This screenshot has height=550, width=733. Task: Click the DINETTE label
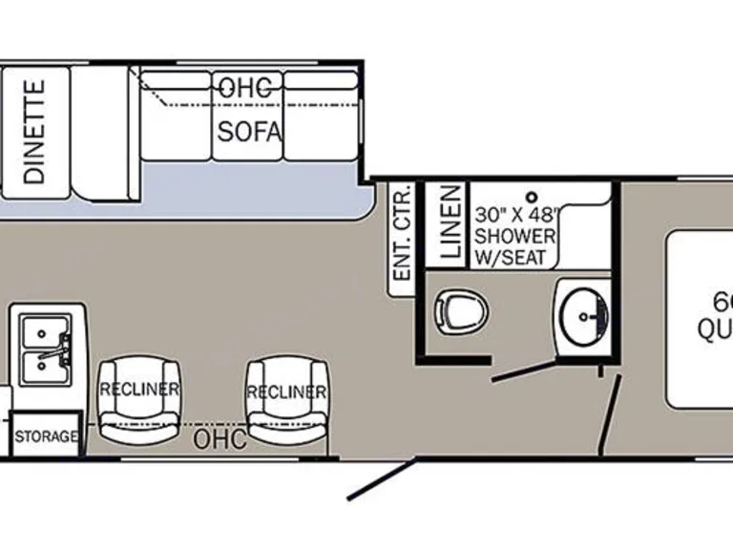click(x=34, y=131)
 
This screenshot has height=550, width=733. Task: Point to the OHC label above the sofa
click(x=245, y=87)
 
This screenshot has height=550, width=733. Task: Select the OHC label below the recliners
click(x=220, y=440)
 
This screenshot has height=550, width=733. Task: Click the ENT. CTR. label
click(x=402, y=233)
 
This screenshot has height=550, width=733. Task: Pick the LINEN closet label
click(x=450, y=226)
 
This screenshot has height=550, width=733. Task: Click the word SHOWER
click(x=515, y=236)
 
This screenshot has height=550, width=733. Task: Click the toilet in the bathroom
click(x=462, y=310)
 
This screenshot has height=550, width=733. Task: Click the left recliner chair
click(x=139, y=399)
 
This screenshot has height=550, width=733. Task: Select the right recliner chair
click(x=285, y=400)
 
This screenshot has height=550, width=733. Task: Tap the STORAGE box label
click(x=46, y=436)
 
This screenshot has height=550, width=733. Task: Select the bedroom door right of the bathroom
click(x=609, y=415)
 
